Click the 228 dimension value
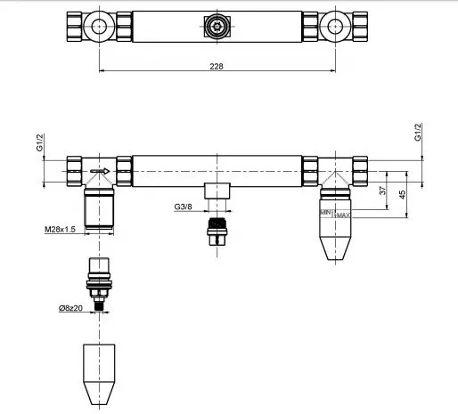(x=217, y=66)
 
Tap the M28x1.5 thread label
(x=60, y=229)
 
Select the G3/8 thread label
(x=183, y=207)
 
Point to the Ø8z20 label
(x=70, y=308)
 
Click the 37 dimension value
(x=384, y=190)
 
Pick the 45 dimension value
(x=402, y=195)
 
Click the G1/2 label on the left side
(x=40, y=142)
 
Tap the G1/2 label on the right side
(x=418, y=132)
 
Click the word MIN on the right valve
(x=325, y=213)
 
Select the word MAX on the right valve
(x=343, y=215)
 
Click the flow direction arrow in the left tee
(x=100, y=171)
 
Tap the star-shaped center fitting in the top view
(x=217, y=27)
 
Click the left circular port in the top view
(x=99, y=27)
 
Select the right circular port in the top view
(x=335, y=27)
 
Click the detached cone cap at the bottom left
(x=99, y=374)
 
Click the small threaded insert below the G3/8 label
(x=217, y=231)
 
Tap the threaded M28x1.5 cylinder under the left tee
(x=99, y=208)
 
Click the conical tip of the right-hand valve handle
(x=335, y=248)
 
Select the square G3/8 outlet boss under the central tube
(x=217, y=191)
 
